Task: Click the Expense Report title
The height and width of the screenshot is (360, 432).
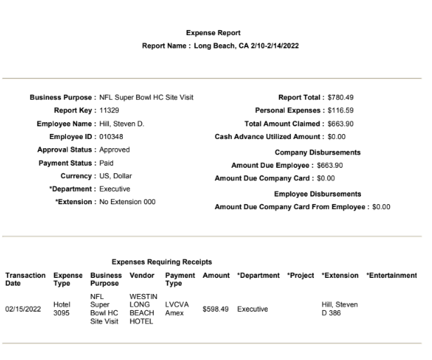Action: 213,33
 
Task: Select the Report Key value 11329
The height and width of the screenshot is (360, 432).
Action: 107,111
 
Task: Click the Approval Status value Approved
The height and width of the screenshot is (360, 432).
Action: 114,149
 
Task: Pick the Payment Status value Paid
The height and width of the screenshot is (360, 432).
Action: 105,163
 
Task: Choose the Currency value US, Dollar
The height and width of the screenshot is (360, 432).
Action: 116,176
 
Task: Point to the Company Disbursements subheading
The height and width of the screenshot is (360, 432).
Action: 318,152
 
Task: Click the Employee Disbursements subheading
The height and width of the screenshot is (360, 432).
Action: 318,194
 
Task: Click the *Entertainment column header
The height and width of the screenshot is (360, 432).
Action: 391,275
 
